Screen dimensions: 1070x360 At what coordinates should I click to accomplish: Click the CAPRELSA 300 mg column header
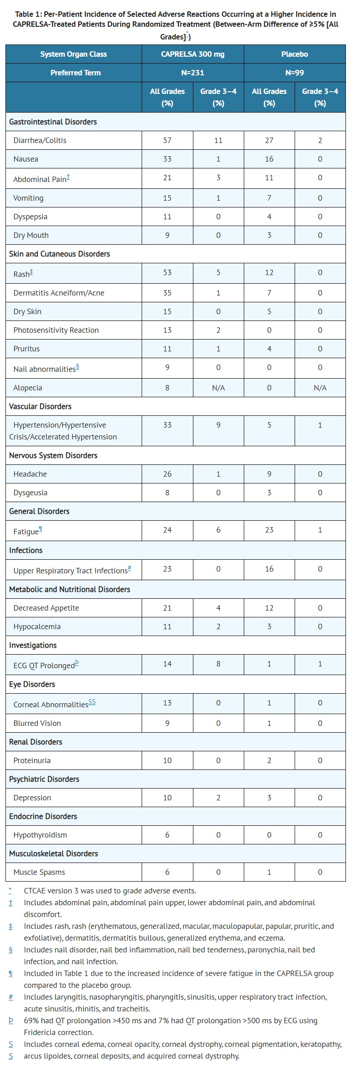click(x=192, y=54)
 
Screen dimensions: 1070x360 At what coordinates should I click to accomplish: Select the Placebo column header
click(x=294, y=54)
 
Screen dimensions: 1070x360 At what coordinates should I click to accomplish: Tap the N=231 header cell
click(x=192, y=73)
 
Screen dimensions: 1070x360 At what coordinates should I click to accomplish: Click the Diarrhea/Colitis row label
click(x=40, y=140)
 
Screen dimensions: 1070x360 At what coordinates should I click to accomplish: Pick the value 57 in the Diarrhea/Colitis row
click(x=167, y=140)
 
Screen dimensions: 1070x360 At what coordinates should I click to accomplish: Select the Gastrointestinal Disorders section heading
click(x=53, y=122)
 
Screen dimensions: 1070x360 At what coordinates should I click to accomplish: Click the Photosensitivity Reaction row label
click(x=56, y=330)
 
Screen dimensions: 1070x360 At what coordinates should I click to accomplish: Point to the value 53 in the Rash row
click(x=167, y=272)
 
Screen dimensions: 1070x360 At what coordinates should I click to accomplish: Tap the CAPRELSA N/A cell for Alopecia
click(x=218, y=388)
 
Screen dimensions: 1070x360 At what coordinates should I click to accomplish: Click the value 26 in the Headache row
click(x=167, y=474)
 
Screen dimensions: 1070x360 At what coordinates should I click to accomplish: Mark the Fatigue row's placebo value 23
click(x=269, y=530)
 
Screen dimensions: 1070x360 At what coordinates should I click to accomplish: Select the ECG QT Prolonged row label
click(x=44, y=666)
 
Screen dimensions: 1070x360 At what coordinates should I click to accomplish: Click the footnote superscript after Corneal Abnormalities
click(x=92, y=702)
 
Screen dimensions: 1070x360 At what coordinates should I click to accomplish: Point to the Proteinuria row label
click(x=32, y=760)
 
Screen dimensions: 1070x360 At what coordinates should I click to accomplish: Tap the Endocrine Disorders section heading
click(x=43, y=816)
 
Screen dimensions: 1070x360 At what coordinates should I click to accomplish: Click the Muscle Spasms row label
click(x=39, y=872)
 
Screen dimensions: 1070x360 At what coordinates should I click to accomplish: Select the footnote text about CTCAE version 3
click(x=110, y=891)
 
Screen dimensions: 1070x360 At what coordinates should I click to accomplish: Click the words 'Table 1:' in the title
click(x=29, y=14)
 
